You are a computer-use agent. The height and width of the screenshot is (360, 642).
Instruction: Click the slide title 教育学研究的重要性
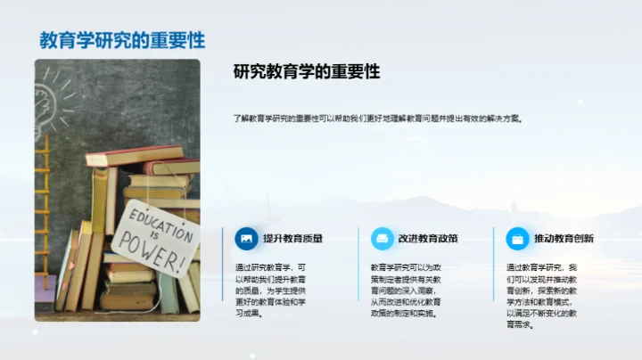click(x=122, y=40)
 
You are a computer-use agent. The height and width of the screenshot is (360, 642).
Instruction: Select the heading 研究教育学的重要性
click(x=307, y=72)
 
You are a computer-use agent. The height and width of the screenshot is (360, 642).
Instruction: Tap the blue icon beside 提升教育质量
click(x=246, y=239)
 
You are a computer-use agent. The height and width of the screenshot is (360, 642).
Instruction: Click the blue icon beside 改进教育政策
click(x=382, y=239)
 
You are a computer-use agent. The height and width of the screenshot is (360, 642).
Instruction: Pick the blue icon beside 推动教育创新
click(x=516, y=239)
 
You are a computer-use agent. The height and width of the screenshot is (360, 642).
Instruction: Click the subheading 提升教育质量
click(x=292, y=239)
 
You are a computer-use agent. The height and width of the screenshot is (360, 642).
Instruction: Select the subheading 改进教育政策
click(x=428, y=239)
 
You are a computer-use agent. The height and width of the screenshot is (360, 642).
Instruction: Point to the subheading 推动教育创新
click(x=564, y=239)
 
